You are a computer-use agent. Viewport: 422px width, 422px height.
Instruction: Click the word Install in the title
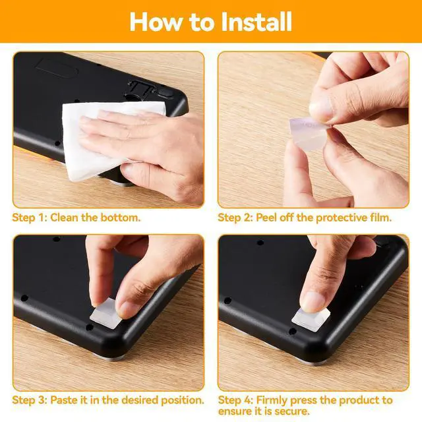256,22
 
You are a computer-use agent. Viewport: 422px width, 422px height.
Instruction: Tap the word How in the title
156,22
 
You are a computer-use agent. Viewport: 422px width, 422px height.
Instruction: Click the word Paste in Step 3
64,400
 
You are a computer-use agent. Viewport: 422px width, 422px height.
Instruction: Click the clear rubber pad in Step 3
104,315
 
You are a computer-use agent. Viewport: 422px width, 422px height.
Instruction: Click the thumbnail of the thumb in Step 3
126,309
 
